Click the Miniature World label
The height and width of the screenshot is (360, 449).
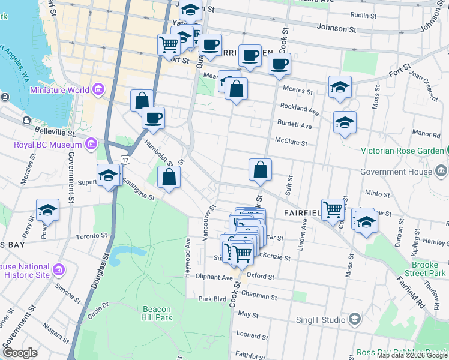[x=59, y=90]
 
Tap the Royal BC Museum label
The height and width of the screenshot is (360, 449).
[x=47, y=145]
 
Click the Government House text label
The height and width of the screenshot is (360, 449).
[x=396, y=172]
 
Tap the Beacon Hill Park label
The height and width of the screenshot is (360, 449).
[x=157, y=313]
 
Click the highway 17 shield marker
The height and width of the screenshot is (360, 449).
[x=125, y=160]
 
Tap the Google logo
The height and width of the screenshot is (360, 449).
[x=20, y=353]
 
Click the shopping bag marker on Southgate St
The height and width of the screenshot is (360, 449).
[x=169, y=177]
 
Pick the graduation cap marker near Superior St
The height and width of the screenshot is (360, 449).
[x=109, y=175]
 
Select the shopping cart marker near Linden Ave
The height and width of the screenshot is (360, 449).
[x=333, y=209]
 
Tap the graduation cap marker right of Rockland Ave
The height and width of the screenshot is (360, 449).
[x=345, y=122]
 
